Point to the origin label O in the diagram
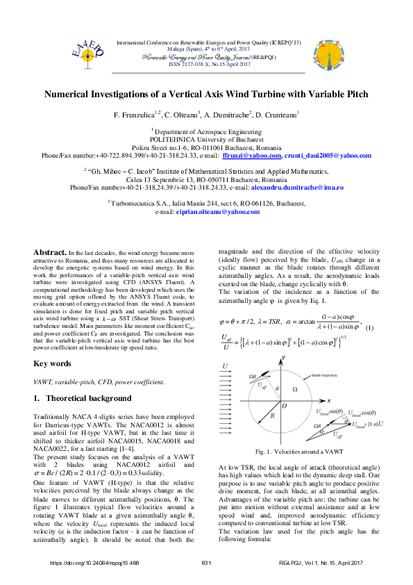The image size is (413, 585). pos(285,406)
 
